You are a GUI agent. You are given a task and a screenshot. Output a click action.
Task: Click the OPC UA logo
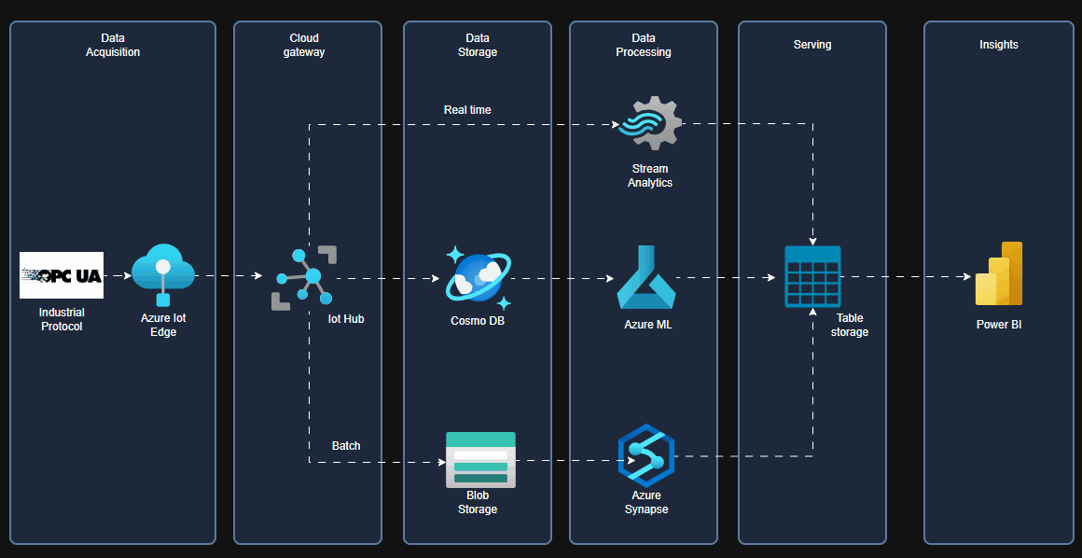pyautogui.click(x=62, y=275)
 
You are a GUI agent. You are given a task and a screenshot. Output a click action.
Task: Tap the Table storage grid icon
pyautogui.click(x=812, y=277)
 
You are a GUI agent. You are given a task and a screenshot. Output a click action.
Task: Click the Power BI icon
pyautogui.click(x=999, y=274)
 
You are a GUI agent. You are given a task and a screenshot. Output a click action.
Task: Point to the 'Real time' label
pyautogui.click(x=467, y=110)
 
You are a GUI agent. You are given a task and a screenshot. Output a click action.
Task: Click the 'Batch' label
pyautogui.click(x=346, y=446)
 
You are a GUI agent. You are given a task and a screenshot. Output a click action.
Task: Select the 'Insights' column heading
pyautogui.click(x=999, y=45)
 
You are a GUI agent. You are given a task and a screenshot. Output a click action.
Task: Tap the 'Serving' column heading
pyautogui.click(x=812, y=45)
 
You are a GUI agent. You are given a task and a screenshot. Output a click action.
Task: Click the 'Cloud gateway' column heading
pyautogui.click(x=304, y=45)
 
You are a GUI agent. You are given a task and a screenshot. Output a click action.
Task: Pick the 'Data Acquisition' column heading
pyautogui.click(x=113, y=45)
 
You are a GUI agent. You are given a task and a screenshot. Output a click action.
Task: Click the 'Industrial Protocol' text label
pyautogui.click(x=62, y=319)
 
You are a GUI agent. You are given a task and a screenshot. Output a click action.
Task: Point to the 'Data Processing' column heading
pyautogui.click(x=644, y=45)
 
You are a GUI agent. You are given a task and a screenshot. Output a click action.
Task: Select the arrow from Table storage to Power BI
pyautogui.click(x=906, y=277)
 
